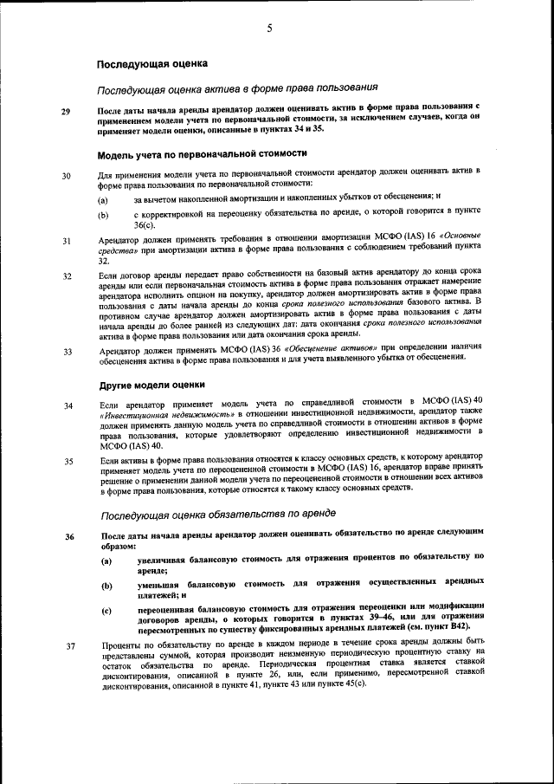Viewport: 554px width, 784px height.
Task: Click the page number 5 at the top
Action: tap(270, 28)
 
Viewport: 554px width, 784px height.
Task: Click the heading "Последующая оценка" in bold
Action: tap(151, 64)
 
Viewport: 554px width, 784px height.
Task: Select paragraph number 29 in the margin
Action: tap(67, 112)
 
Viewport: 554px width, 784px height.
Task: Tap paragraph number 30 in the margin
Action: tap(67, 178)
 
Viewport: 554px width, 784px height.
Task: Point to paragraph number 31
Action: tap(67, 241)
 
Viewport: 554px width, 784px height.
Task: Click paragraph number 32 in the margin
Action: tap(67, 277)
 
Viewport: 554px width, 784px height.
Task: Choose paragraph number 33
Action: tap(67, 353)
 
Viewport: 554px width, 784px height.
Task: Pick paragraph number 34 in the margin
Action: tap(67, 405)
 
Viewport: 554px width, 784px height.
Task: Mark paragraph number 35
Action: tap(67, 462)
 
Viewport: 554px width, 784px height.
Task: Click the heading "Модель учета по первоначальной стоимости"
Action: tap(203, 154)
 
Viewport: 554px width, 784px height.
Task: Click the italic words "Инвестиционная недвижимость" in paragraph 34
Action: tap(153, 415)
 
